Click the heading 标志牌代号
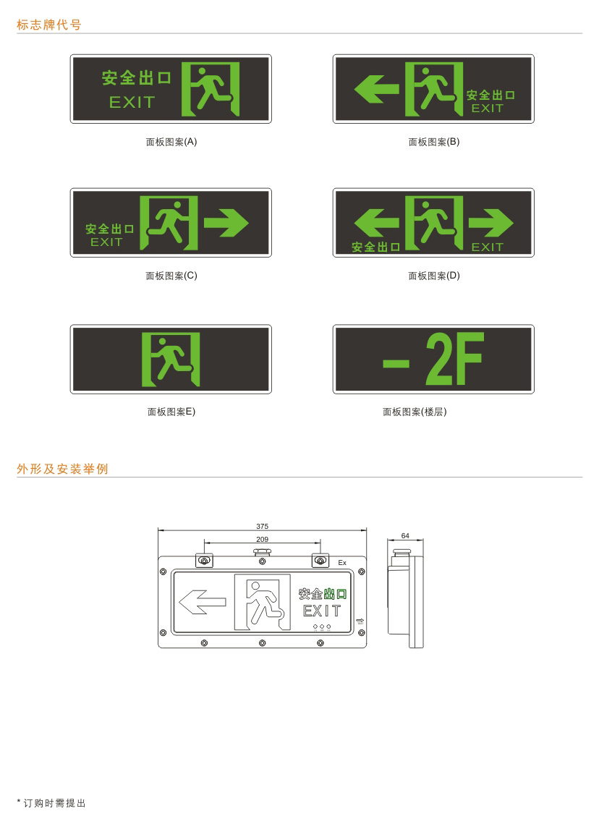(48, 25)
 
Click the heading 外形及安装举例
(63, 469)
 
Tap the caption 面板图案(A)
(171, 142)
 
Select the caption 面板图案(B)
(434, 142)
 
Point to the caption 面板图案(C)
(171, 276)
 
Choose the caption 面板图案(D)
(434, 276)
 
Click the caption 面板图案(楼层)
(415, 412)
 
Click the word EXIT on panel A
(132, 102)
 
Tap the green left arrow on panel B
(376, 88)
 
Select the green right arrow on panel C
(226, 222)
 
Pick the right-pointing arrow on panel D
(490, 222)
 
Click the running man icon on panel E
(171, 360)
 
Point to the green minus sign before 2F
(396, 363)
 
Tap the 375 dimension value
(262, 527)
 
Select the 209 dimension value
(262, 539)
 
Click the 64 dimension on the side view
(405, 536)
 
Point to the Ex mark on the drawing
(342, 562)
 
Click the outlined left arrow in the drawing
(202, 602)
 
